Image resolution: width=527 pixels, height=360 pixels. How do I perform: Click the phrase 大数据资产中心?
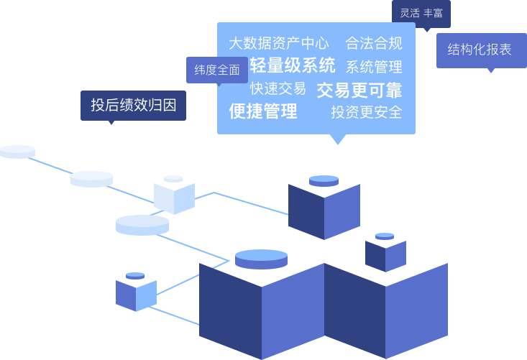(279, 43)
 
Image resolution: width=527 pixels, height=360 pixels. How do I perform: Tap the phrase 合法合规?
(373, 43)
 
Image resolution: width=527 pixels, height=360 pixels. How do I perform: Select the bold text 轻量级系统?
(293, 66)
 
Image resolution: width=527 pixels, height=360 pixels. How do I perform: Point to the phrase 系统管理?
(373, 68)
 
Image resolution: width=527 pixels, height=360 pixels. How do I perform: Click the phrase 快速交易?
(278, 88)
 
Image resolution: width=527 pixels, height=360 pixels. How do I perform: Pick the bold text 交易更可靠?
(359, 90)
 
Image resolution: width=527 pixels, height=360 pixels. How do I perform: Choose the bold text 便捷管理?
(262, 111)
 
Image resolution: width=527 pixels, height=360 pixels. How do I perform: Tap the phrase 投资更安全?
(366, 112)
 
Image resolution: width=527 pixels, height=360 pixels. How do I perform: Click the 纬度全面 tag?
(217, 70)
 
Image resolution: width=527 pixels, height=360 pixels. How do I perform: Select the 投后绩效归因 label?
(133, 106)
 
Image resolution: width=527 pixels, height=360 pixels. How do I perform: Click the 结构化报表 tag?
(480, 50)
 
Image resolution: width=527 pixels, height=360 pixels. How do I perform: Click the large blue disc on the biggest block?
(261, 259)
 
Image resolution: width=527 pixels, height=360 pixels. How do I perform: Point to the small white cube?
(174, 198)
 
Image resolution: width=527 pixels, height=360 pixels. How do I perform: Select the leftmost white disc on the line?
(17, 151)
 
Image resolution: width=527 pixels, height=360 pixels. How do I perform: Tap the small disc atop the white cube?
(173, 179)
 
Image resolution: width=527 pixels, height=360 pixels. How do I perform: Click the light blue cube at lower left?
(136, 295)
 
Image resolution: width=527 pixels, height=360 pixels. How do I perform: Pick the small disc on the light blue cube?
(135, 276)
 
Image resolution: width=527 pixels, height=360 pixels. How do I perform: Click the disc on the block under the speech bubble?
(324, 180)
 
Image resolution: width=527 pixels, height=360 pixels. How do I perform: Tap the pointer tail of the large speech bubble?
(335, 139)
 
